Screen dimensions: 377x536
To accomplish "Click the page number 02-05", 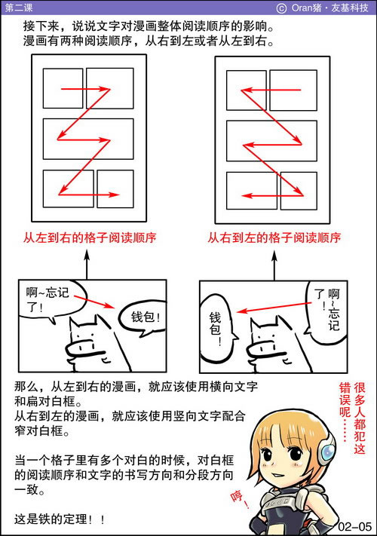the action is pos(354,525).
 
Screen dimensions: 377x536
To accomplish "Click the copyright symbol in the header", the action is pos(281,8).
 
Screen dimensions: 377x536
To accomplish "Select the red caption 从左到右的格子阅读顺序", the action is pos(90,237).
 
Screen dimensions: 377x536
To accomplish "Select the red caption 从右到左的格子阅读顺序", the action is pos(274,237).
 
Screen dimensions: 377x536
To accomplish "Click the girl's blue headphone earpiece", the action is pos(327,452).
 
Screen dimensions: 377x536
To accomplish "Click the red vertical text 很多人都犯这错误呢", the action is pos(352,418).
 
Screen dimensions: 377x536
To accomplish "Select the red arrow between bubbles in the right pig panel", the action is pos(274,308).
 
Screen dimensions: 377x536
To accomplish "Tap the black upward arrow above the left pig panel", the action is pos(87,265).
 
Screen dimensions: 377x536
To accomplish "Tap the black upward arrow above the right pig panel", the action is pos(274,265).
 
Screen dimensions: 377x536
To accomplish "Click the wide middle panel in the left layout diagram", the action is pos(88,139).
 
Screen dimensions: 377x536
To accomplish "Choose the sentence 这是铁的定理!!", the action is pos(59,519).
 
